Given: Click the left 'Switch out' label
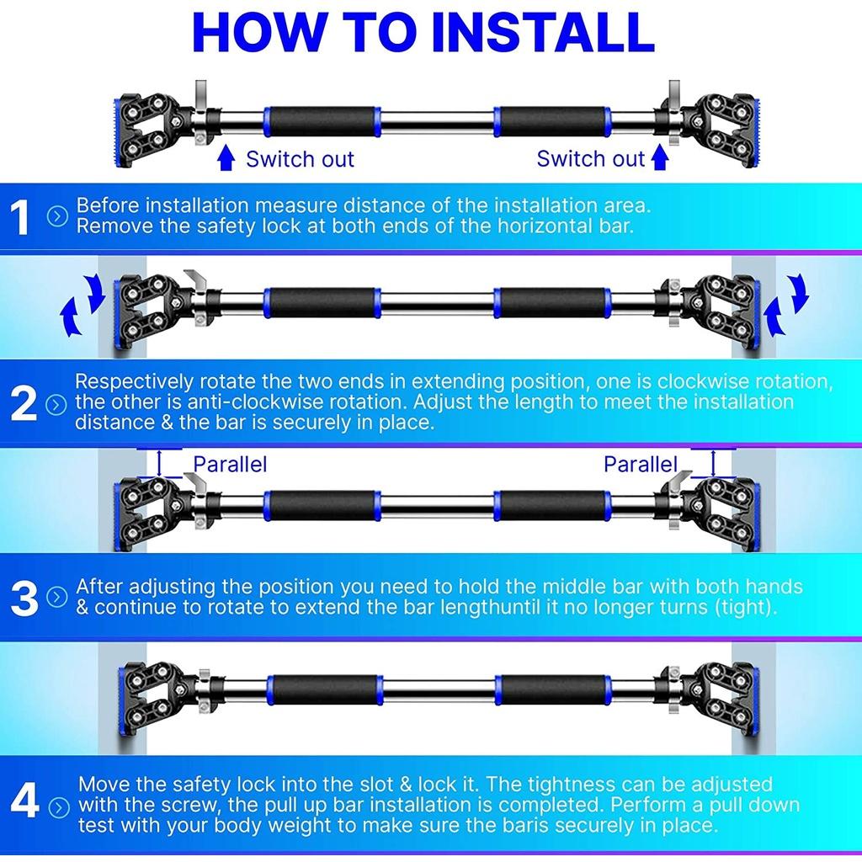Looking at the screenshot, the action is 300,159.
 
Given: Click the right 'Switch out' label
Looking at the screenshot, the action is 590,158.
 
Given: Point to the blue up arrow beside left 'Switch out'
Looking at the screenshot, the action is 226,157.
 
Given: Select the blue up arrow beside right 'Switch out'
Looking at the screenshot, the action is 660,157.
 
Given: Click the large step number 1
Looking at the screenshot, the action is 20,218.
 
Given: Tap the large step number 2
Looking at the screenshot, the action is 23,404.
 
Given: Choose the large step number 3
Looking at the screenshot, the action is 24,598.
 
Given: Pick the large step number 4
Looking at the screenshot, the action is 24,800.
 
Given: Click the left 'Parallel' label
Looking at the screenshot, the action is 230,465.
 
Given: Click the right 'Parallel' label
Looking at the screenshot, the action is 641,465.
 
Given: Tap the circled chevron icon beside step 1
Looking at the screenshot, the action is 57,216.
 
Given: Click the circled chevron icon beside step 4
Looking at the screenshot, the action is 59,807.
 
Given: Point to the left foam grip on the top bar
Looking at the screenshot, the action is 322,121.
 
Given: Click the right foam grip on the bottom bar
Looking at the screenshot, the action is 553,689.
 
